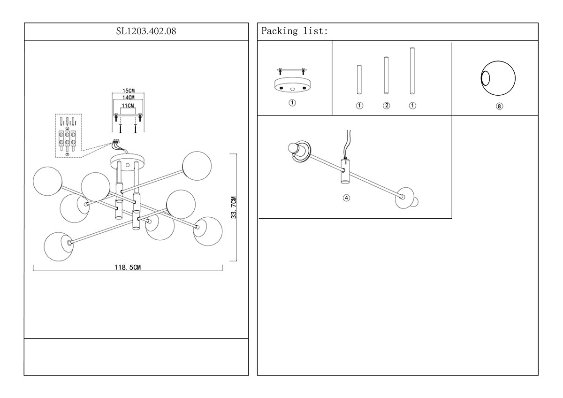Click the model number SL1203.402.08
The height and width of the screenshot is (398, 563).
click(136, 31)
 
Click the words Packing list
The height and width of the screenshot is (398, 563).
click(294, 31)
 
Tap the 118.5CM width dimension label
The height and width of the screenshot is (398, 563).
click(128, 267)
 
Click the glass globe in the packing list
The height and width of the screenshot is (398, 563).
click(498, 78)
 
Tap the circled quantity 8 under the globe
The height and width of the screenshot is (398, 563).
click(499, 107)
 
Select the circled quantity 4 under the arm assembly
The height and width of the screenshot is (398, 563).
click(346, 198)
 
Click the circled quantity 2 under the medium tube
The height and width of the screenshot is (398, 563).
click(386, 106)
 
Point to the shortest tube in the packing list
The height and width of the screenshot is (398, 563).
click(359, 80)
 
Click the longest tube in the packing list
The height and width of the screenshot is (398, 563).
click(412, 71)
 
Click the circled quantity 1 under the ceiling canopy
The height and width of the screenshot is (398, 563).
click(292, 103)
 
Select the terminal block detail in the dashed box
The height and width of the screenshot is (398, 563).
click(68, 135)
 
